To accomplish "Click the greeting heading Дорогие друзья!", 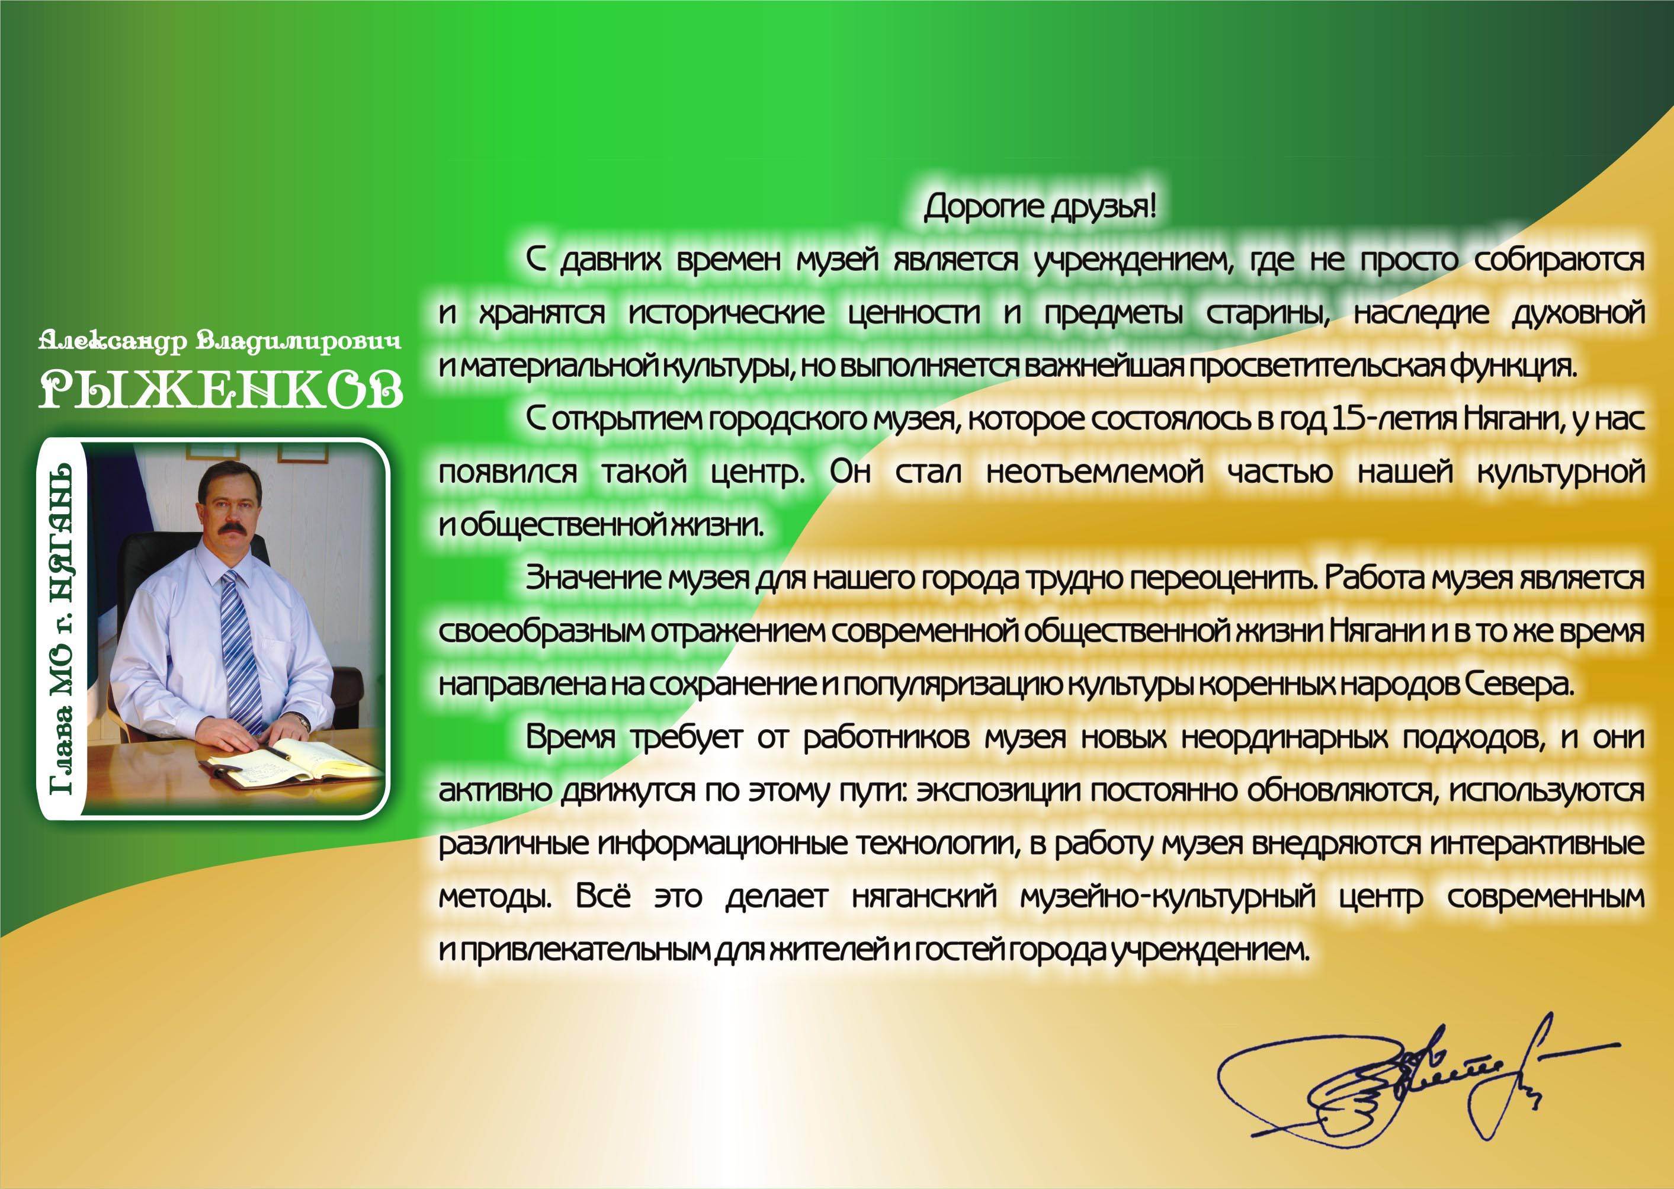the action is (x=1040, y=208).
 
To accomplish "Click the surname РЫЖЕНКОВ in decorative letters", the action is (x=220, y=388).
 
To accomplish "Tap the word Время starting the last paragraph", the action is (x=570, y=737).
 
